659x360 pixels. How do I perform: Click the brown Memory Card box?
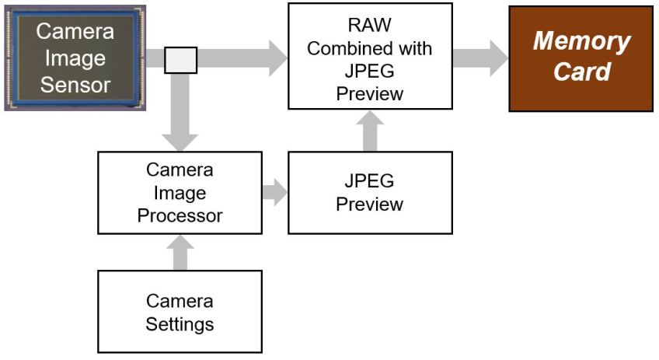coord(581,59)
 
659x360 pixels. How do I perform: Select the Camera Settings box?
coord(180,311)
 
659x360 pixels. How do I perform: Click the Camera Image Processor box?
coord(180,192)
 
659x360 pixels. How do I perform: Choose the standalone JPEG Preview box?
coord(369,192)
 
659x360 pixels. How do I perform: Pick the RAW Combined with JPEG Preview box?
coord(369,56)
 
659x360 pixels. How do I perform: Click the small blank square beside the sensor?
coord(181,60)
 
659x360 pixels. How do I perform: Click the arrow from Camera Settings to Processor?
coord(180,252)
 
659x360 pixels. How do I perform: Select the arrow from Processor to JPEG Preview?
coord(274,192)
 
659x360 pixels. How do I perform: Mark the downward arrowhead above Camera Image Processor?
coord(180,140)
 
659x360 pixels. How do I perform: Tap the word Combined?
coord(347,49)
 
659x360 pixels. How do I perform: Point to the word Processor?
coord(180,215)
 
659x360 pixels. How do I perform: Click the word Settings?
coord(180,323)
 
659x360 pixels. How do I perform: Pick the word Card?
coord(581,72)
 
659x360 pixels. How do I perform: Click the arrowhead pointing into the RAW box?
coord(275,60)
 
